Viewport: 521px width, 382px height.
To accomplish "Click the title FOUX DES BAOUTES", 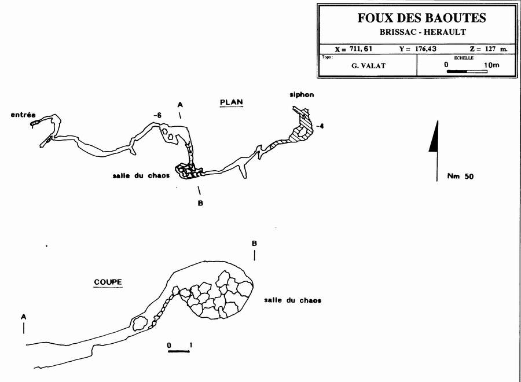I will tap(421, 18).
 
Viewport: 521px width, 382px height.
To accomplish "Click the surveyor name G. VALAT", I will tap(368, 65).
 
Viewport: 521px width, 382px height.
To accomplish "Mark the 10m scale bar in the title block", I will tap(467, 71).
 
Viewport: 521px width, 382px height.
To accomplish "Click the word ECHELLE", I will tap(464, 58).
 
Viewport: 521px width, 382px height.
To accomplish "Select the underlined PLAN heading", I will tap(231, 102).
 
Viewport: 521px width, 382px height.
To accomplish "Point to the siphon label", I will tap(301, 94).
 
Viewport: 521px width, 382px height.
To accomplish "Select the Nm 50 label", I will tap(460, 177).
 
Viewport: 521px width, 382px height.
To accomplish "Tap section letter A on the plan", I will tap(180, 105).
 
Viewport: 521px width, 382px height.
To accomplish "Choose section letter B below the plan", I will tap(200, 203).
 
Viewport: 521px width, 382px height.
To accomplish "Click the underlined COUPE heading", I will tap(108, 282).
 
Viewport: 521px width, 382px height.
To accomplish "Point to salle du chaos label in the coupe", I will tap(292, 300).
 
